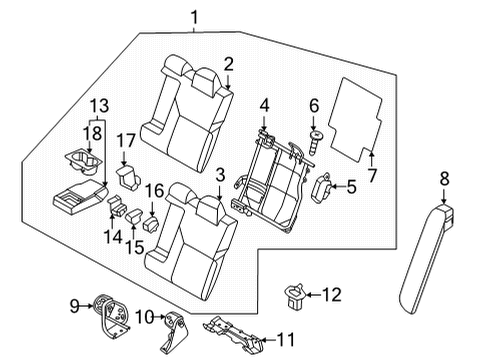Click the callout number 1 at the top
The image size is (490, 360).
point(195,15)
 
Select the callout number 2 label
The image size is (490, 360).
point(229,65)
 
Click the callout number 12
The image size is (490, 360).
point(333,294)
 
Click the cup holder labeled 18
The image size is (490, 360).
point(88,162)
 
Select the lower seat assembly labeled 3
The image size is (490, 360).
point(190,235)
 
